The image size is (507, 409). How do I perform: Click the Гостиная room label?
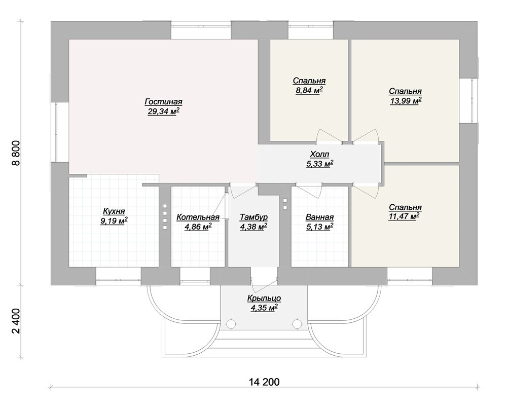[x=163, y=102]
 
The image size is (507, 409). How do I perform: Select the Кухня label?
[x=114, y=211]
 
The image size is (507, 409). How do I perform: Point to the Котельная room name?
[x=198, y=217]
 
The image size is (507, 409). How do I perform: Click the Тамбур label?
[x=253, y=217]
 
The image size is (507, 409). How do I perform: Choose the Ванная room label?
[x=319, y=217]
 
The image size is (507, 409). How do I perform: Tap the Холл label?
[x=319, y=154]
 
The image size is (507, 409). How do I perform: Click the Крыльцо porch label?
[x=264, y=298]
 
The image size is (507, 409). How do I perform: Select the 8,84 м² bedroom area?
[x=309, y=91]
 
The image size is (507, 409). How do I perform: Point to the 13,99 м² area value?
[x=406, y=101]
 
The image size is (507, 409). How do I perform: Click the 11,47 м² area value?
[x=404, y=216]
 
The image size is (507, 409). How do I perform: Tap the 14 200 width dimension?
[x=264, y=382]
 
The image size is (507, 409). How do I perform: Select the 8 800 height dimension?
[x=16, y=153]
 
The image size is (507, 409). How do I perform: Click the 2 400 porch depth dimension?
[x=16, y=321]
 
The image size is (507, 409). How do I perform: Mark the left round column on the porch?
[x=231, y=324]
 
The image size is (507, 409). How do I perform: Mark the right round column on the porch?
[x=297, y=324]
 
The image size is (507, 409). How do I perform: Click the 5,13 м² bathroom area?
[x=319, y=227]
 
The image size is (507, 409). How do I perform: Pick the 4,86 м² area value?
[x=198, y=227]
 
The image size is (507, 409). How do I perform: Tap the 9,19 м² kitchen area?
[x=114, y=221]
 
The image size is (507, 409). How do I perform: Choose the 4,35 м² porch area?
[x=264, y=308]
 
